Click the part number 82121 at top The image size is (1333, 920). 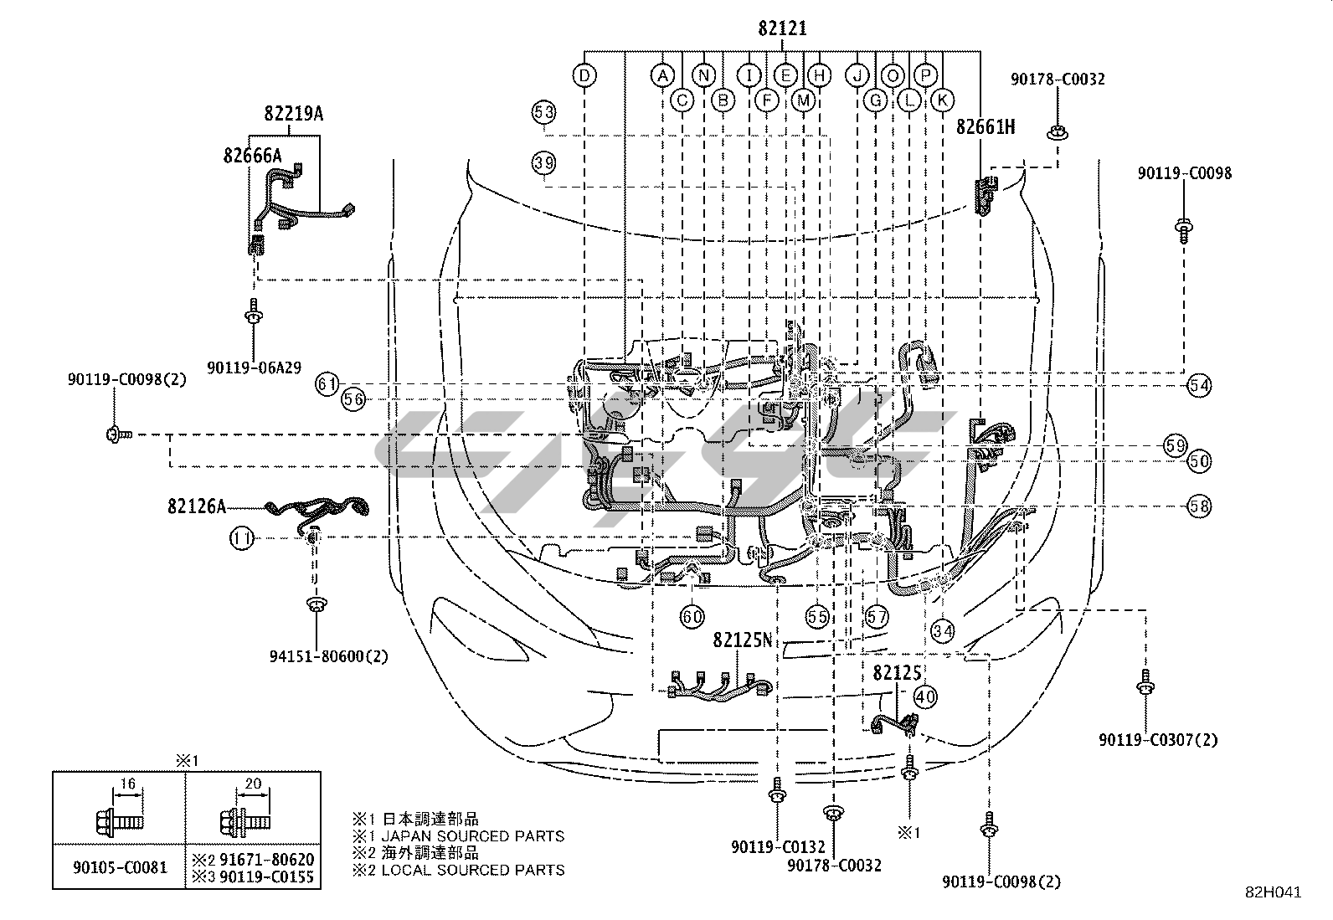tap(782, 28)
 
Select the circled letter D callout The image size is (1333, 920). tap(585, 75)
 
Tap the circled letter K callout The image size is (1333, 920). tap(942, 100)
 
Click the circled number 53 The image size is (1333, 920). tap(543, 111)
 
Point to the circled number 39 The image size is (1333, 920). tap(543, 162)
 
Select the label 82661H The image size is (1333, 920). tap(985, 126)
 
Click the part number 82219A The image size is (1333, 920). tap(293, 113)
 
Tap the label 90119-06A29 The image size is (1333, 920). tap(255, 366)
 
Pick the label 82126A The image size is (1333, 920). tap(196, 506)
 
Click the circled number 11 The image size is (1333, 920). tap(242, 539)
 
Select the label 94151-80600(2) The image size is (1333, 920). tap(317, 656)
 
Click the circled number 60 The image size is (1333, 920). tap(692, 618)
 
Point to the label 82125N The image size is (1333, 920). tap(742, 640)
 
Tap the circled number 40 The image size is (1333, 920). tap(925, 696)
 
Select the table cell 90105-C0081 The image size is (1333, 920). tap(119, 867)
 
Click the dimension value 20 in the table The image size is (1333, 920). tap(252, 784)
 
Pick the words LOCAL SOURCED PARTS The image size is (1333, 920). tap(472, 870)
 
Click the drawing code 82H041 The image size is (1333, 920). tap(1273, 892)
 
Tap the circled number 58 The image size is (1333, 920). tap(1199, 506)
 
